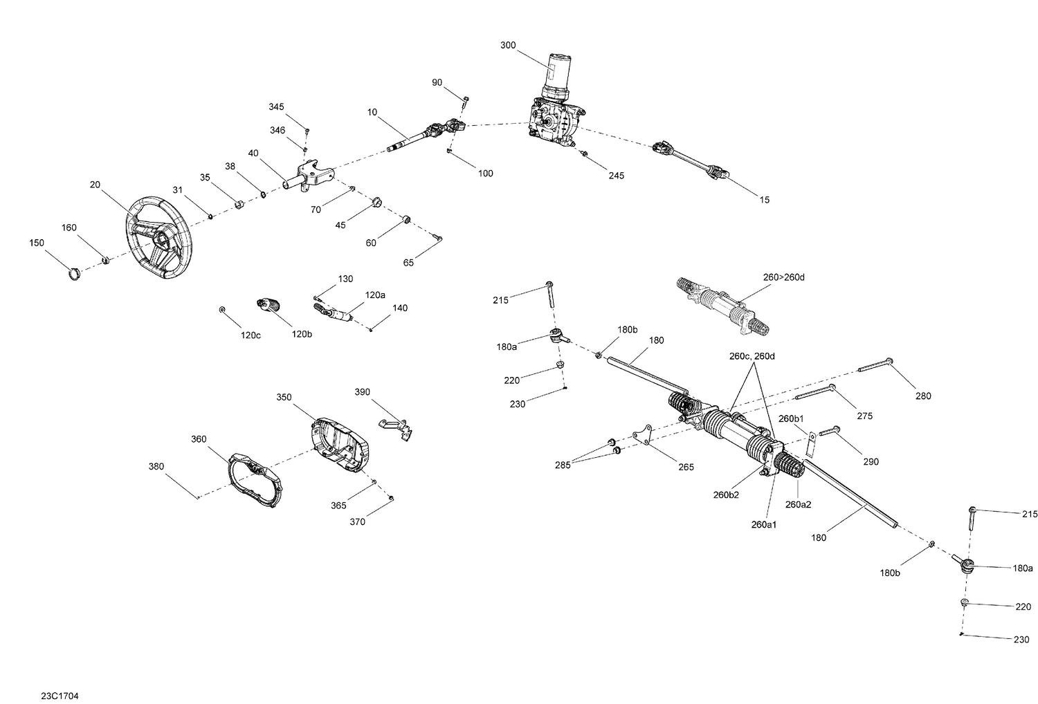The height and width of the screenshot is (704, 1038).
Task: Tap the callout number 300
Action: [x=507, y=45]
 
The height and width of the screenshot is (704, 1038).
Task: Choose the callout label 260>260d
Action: [x=784, y=277]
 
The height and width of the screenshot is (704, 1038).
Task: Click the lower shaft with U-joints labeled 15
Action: [x=692, y=159]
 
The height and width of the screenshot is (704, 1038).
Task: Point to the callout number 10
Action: [x=372, y=111]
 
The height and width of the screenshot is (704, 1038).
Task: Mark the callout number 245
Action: [x=616, y=176]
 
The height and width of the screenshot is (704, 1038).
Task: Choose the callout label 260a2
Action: [x=798, y=504]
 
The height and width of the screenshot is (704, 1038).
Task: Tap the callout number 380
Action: [x=156, y=466]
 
